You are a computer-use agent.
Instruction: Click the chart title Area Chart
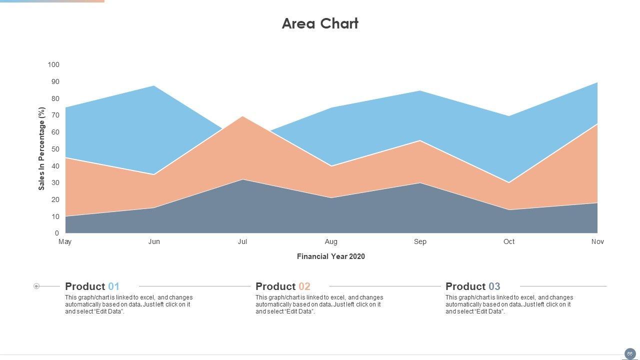[320, 23]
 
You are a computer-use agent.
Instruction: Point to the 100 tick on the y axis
[53, 64]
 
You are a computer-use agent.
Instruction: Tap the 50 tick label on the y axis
[55, 149]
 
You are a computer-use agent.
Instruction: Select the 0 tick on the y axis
[57, 233]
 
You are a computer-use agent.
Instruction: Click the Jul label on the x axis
[242, 241]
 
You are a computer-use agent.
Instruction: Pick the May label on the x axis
[65, 241]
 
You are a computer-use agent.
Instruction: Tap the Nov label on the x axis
[597, 241]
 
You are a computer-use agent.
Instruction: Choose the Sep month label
[420, 241]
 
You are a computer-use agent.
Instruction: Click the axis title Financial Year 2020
[331, 256]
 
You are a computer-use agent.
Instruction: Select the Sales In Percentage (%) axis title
[41, 148]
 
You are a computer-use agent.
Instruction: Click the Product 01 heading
[92, 286]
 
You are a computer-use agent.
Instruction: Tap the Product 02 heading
[283, 286]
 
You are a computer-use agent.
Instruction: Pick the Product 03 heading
[473, 286]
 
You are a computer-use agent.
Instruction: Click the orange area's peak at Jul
[242, 117]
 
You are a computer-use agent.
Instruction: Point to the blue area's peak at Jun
[154, 86]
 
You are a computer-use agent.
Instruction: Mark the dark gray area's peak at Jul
[242, 180]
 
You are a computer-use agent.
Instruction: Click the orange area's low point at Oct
[509, 183]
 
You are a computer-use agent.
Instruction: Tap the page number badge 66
[630, 353]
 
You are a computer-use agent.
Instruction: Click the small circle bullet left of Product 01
[36, 286]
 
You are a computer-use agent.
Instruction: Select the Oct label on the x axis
[509, 241]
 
